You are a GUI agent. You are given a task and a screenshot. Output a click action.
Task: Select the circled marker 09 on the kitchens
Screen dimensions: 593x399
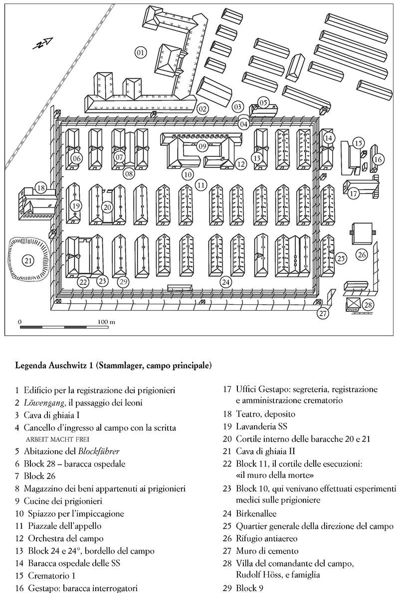point(202,146)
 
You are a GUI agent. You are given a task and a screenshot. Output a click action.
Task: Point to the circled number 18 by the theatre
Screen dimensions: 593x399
point(41,188)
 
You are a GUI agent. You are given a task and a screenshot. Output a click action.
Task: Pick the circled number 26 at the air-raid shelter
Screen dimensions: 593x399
point(362,254)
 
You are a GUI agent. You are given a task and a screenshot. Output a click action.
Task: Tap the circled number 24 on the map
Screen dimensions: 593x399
point(226,282)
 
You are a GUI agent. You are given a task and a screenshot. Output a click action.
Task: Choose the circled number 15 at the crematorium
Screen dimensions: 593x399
point(357,143)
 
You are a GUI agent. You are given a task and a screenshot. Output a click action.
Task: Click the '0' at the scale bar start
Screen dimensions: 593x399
point(20,322)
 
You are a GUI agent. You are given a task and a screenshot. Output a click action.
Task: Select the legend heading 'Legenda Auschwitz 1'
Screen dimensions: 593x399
point(114,365)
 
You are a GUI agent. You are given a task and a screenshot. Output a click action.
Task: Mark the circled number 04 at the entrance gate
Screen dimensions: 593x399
point(243,124)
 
